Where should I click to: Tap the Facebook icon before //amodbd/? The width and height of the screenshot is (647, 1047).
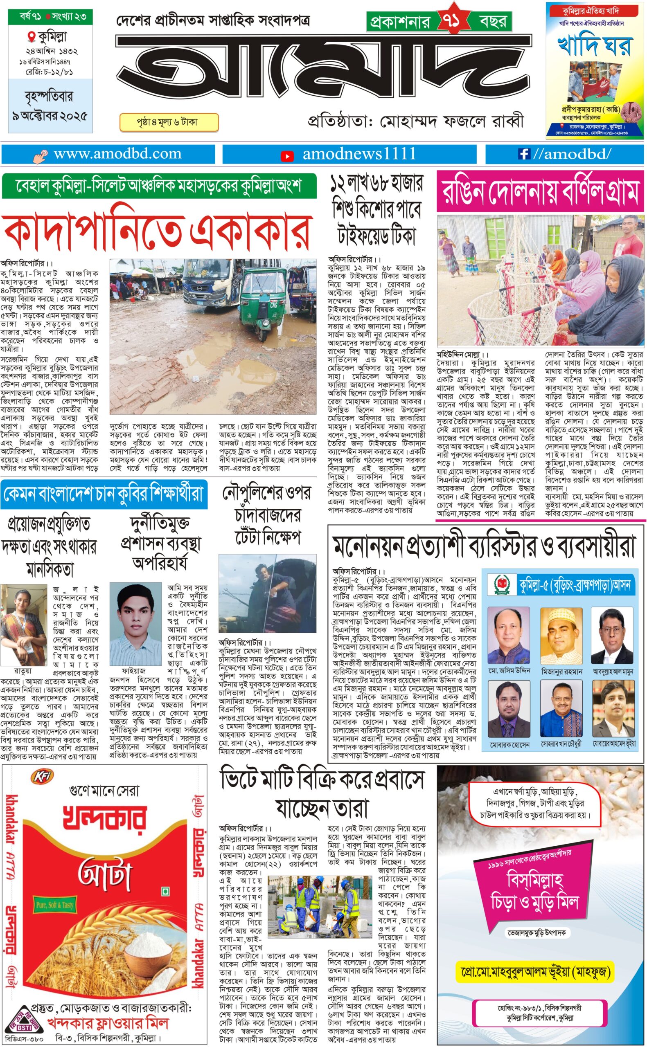[524, 154]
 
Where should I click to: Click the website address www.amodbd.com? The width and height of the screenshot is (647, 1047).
[117, 154]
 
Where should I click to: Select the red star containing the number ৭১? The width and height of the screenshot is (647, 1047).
[452, 20]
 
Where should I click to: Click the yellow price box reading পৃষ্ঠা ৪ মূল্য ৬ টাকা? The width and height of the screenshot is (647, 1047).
[169, 122]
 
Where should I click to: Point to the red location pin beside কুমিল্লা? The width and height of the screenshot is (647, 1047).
[31, 37]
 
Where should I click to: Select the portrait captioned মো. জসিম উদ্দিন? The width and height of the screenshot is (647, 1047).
[509, 636]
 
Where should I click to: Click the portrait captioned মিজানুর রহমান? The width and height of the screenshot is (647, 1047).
[561, 636]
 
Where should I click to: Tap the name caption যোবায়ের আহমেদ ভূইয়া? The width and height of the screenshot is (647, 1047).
[614, 744]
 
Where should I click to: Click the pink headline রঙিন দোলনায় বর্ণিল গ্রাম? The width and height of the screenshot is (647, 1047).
[540, 192]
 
